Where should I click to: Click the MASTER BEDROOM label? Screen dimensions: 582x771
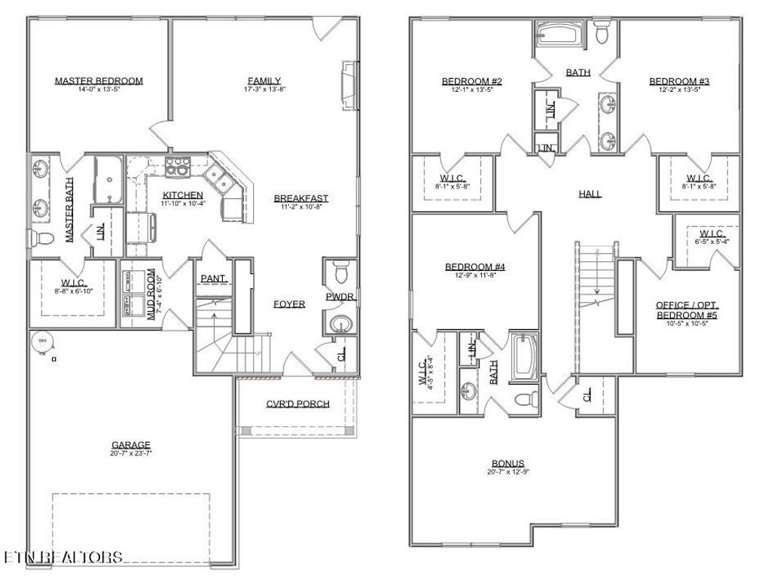point(99,81)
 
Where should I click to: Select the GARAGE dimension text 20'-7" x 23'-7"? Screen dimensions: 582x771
point(132,453)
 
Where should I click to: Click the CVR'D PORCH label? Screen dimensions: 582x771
point(297,404)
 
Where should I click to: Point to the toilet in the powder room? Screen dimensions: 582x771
point(342,269)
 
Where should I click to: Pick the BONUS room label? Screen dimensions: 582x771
point(508,463)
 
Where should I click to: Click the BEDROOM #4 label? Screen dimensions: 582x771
point(475,267)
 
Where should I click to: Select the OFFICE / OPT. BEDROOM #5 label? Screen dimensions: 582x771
point(687,309)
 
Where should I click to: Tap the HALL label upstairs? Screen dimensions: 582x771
point(590,193)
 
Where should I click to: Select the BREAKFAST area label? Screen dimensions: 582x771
point(301,199)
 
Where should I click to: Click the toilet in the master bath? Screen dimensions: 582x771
point(43,239)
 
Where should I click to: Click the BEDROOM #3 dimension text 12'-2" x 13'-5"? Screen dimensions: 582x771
point(680,89)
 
